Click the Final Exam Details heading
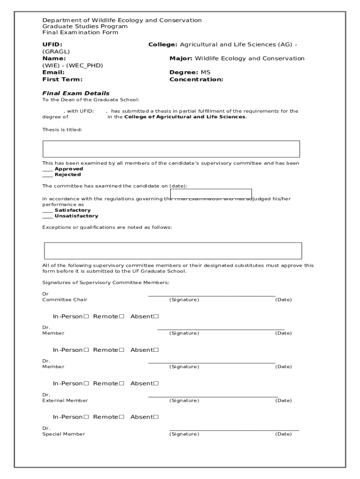(x=76, y=93)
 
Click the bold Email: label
(x=53, y=73)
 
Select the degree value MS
(x=206, y=73)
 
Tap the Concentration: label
(x=196, y=80)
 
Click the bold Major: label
(x=180, y=58)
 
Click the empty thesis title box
(x=171, y=149)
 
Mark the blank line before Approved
(x=48, y=169)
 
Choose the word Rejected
(x=68, y=174)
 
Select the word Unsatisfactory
(x=76, y=216)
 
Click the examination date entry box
(x=211, y=194)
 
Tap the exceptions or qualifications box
(x=173, y=251)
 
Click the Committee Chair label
(x=65, y=299)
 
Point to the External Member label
(x=65, y=400)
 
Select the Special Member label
(x=64, y=434)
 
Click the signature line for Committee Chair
(x=211, y=295)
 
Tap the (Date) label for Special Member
(x=283, y=434)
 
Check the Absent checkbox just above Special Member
(x=156, y=417)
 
